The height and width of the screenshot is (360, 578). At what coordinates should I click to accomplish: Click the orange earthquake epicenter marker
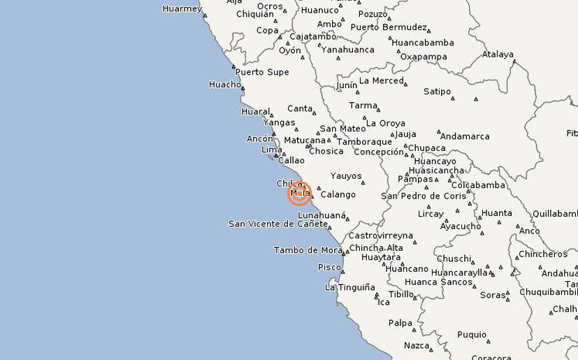point(299,193)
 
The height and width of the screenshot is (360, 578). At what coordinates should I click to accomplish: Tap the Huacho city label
point(224,85)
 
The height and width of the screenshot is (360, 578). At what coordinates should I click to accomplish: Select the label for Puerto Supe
point(262,72)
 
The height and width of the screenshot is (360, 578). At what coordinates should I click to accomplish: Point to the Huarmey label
point(182,9)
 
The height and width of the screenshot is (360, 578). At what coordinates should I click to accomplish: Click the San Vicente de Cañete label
point(277,224)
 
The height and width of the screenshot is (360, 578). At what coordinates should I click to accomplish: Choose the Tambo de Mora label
point(308,250)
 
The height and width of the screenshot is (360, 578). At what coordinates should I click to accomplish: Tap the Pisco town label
point(329,267)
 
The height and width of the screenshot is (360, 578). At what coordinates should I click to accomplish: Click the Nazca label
point(417,345)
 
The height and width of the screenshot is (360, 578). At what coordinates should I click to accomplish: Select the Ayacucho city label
point(460,226)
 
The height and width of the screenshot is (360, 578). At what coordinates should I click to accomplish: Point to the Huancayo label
point(435,161)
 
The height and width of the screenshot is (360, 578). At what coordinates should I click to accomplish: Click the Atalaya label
point(498,55)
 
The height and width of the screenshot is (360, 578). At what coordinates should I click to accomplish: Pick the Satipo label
point(437,92)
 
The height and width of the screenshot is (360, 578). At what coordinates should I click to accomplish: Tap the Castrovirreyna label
point(381,236)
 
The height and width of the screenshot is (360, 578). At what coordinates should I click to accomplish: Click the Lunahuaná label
point(322,215)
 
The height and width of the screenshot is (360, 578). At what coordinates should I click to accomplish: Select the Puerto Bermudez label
point(389,27)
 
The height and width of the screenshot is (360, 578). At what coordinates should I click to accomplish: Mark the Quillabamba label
point(555,214)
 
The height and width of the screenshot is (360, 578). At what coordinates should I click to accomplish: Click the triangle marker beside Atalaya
point(515,62)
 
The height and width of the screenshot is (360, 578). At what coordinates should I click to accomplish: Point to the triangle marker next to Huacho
point(243,88)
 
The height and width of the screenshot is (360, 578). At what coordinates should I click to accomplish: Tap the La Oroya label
point(386,123)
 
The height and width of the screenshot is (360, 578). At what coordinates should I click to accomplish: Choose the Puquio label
point(472,335)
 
